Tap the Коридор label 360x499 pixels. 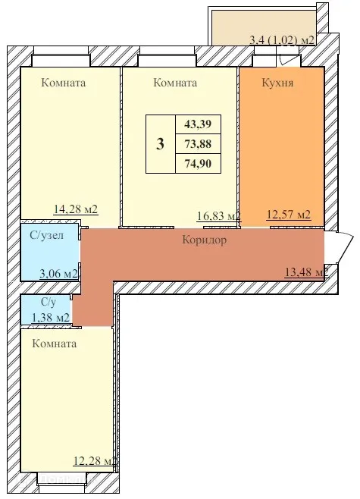[205, 240]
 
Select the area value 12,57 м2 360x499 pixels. [289, 215]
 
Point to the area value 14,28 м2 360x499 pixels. [76, 210]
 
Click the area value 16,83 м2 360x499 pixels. [217, 216]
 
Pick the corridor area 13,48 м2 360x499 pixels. [304, 272]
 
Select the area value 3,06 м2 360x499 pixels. [58, 272]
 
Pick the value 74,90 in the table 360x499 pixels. [198, 163]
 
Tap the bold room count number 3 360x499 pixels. [160, 145]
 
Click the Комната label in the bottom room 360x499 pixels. [55, 344]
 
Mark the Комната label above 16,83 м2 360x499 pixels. [175, 83]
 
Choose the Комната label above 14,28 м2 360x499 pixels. [64, 83]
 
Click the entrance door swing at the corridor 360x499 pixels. [343, 246]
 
